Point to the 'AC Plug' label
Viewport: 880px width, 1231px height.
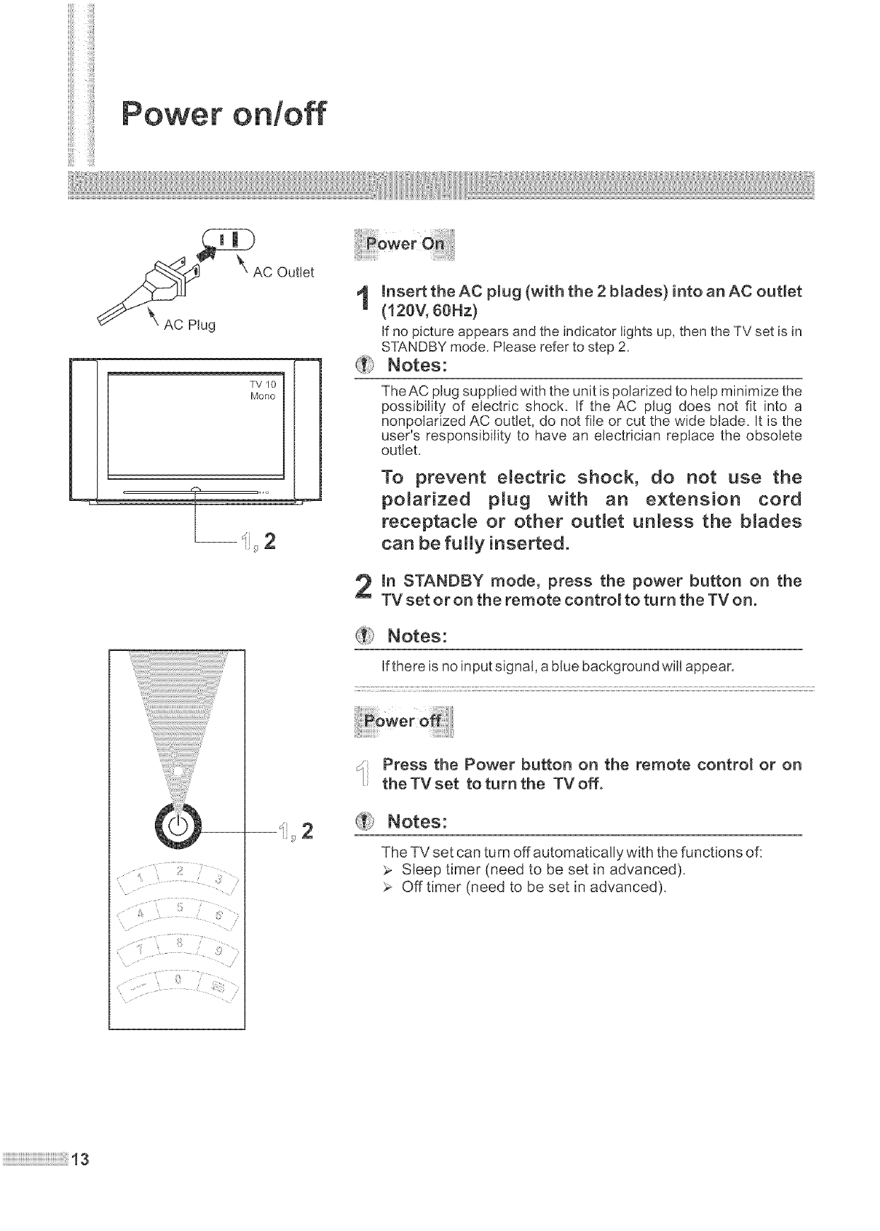pos(190,325)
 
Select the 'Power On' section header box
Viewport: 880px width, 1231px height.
pos(409,245)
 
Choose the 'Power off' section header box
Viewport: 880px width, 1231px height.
pos(408,722)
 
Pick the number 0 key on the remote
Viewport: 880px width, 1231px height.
pos(179,981)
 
